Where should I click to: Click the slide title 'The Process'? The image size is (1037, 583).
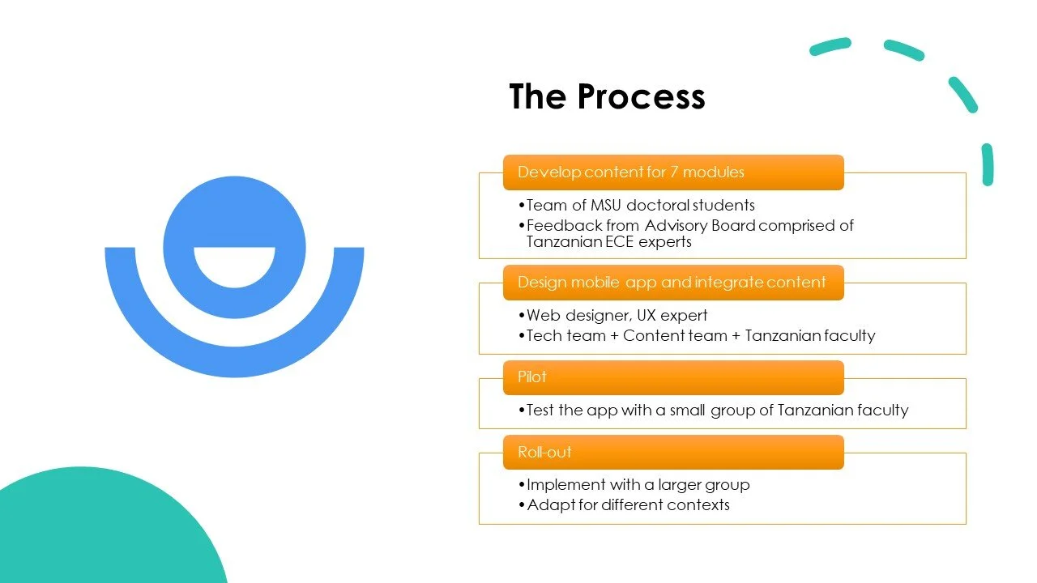click(607, 96)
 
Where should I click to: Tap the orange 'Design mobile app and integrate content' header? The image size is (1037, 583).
click(672, 283)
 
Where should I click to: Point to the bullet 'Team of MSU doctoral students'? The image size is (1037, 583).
click(640, 205)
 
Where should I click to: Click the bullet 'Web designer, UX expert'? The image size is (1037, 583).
click(617, 315)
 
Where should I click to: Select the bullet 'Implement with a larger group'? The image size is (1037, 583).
click(638, 484)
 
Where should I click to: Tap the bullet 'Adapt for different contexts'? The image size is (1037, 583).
click(628, 504)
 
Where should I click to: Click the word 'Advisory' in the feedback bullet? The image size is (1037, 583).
click(676, 225)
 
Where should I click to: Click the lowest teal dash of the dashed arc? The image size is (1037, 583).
click(988, 164)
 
